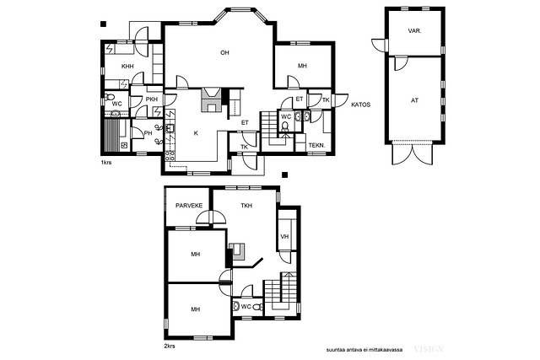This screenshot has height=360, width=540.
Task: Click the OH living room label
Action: [224, 52]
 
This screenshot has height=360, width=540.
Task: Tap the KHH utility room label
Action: [127, 66]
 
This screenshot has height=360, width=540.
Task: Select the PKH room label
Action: [152, 99]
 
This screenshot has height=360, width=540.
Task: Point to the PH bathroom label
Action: [148, 133]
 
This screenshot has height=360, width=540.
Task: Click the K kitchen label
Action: [196, 133]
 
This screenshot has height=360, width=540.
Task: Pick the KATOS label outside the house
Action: [360, 105]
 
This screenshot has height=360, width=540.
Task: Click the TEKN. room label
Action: [316, 146]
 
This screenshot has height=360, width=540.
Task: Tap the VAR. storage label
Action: [414, 31]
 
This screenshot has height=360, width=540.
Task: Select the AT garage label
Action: [414, 100]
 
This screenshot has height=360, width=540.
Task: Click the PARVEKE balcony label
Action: [189, 206]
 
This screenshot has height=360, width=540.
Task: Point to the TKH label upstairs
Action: [246, 206]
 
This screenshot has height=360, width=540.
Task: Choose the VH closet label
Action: [284, 237]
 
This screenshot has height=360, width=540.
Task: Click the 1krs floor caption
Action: [106, 163]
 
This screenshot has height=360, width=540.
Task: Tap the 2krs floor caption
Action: [170, 346]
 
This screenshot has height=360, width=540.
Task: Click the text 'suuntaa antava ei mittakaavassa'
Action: [364, 350]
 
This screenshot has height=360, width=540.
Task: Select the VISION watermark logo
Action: [429, 349]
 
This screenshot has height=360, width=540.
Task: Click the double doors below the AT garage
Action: [413, 153]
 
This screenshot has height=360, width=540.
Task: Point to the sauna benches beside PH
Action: [111, 135]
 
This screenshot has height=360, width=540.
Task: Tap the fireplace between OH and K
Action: [211, 99]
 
